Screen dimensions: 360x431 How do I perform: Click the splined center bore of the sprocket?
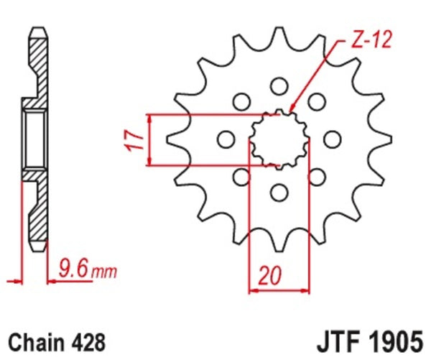click(x=279, y=138)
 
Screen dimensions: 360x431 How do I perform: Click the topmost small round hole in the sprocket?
click(x=279, y=86)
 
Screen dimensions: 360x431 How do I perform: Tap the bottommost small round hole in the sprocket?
click(x=279, y=191)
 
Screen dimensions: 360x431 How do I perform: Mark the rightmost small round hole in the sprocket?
click(x=331, y=138)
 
